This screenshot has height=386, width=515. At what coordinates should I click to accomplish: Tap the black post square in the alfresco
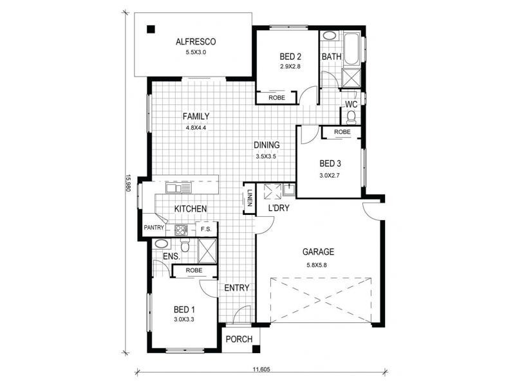tap(150, 29)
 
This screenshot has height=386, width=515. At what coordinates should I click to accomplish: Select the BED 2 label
tap(290, 57)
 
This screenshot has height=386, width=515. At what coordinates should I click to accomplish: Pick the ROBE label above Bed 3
tap(342, 132)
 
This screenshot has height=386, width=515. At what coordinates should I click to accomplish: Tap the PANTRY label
tap(154, 228)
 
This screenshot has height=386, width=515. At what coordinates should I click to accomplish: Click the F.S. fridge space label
tap(206, 228)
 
